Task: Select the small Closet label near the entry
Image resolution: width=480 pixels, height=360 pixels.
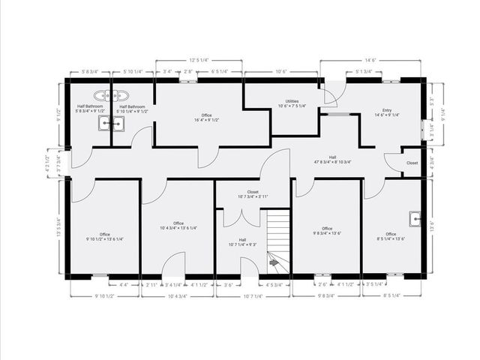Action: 412,163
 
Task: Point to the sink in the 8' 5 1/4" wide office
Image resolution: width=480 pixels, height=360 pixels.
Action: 414,218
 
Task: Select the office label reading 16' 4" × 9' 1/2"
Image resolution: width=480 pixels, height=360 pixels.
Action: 206,117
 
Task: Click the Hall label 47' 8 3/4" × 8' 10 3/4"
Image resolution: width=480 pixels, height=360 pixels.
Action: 333,159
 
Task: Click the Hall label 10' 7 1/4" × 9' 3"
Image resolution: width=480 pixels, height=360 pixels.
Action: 242,241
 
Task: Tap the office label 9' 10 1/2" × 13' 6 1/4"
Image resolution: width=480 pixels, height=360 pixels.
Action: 105,237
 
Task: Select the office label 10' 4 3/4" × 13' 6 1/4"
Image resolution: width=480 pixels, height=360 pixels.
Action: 178,226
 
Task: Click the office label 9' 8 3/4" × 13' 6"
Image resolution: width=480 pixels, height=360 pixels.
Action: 327,231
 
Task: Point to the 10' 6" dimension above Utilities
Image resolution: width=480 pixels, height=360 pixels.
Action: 282,72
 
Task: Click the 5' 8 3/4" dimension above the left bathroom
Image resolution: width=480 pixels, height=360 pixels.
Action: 89,72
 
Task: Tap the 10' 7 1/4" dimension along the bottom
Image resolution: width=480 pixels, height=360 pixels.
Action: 253,296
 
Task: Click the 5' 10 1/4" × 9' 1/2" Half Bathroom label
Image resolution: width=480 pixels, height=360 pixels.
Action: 132,109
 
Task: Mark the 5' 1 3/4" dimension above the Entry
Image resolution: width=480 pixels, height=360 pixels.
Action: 364,72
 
